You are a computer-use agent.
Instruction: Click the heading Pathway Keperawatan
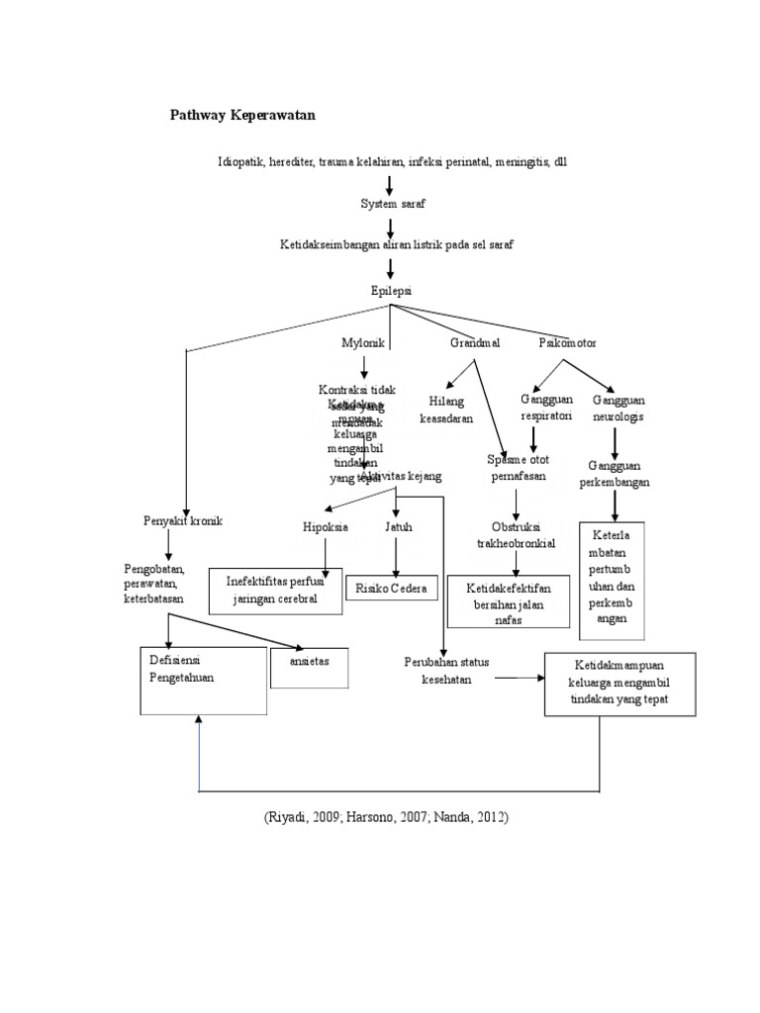click(243, 115)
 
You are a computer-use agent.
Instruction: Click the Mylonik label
click(362, 343)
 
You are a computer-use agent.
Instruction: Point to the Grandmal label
click(475, 343)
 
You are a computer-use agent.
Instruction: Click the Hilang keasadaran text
click(446, 411)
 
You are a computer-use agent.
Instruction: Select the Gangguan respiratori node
click(547, 408)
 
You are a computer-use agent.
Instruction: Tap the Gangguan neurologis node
click(618, 408)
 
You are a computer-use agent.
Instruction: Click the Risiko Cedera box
click(393, 589)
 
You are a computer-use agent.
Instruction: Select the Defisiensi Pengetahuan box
click(203, 681)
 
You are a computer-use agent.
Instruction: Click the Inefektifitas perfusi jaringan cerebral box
click(275, 591)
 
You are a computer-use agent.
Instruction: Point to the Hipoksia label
click(326, 527)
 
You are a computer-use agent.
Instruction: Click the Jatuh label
click(398, 527)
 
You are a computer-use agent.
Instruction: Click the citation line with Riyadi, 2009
click(386, 818)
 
